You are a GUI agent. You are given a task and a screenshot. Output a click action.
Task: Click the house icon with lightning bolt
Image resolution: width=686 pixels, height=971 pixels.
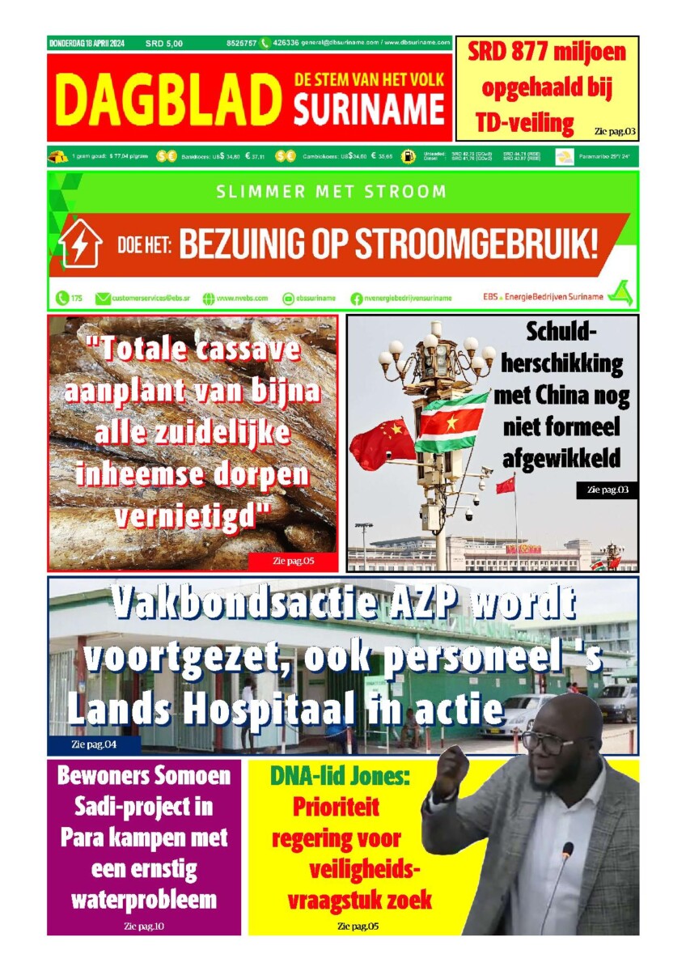(x=81, y=244)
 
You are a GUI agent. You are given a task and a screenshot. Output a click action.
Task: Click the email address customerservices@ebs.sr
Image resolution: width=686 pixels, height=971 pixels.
(x=142, y=299)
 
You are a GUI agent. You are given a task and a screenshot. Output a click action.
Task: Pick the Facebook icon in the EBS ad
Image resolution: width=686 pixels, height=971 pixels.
(x=356, y=299)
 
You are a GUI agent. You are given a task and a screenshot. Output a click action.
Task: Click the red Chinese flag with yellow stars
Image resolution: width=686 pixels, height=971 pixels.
(x=382, y=444)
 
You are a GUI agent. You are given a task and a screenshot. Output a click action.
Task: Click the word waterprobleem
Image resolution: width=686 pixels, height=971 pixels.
(x=144, y=899)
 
